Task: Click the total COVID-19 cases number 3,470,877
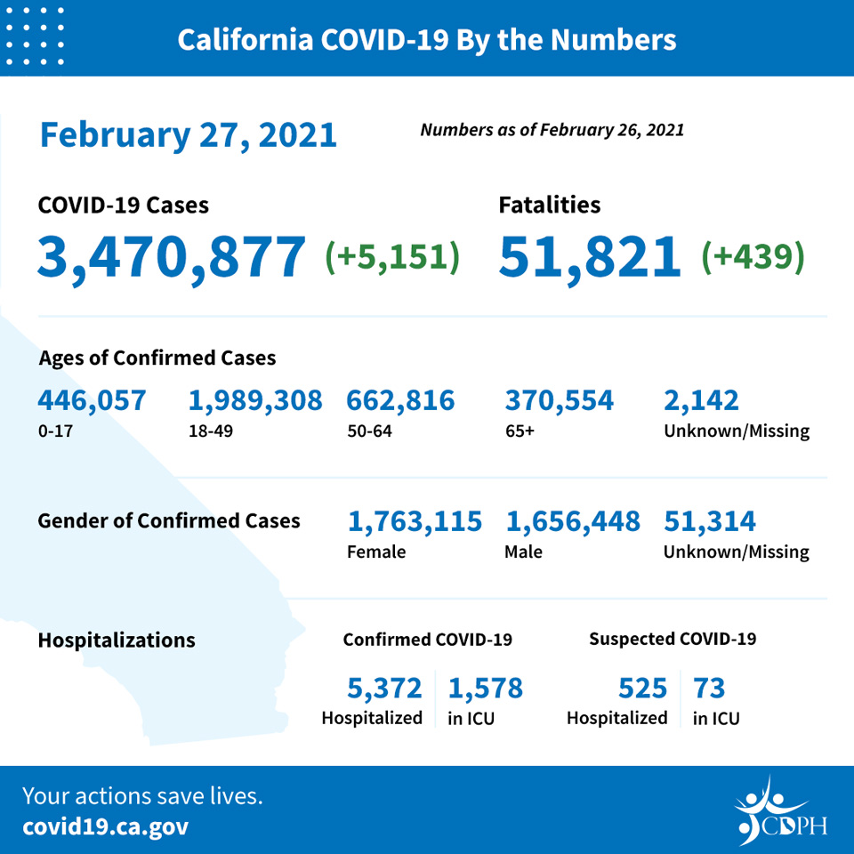(171, 257)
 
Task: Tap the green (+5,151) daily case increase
(392, 256)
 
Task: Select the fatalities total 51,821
(589, 257)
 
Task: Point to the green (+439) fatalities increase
(753, 256)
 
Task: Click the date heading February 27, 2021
(189, 135)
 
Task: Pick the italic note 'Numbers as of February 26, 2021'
(552, 130)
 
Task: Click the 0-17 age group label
(55, 431)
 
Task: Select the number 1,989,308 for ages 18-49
(255, 401)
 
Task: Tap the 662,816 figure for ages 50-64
(400, 401)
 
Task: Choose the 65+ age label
(520, 431)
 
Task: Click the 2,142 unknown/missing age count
(701, 401)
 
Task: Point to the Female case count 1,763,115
(415, 521)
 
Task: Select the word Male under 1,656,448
(523, 552)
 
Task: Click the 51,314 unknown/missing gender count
(710, 521)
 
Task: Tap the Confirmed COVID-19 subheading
(428, 640)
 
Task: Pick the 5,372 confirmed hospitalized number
(384, 688)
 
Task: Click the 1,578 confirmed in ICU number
(486, 688)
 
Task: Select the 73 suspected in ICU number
(709, 688)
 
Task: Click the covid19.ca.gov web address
(106, 827)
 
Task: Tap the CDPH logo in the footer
(780, 811)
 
